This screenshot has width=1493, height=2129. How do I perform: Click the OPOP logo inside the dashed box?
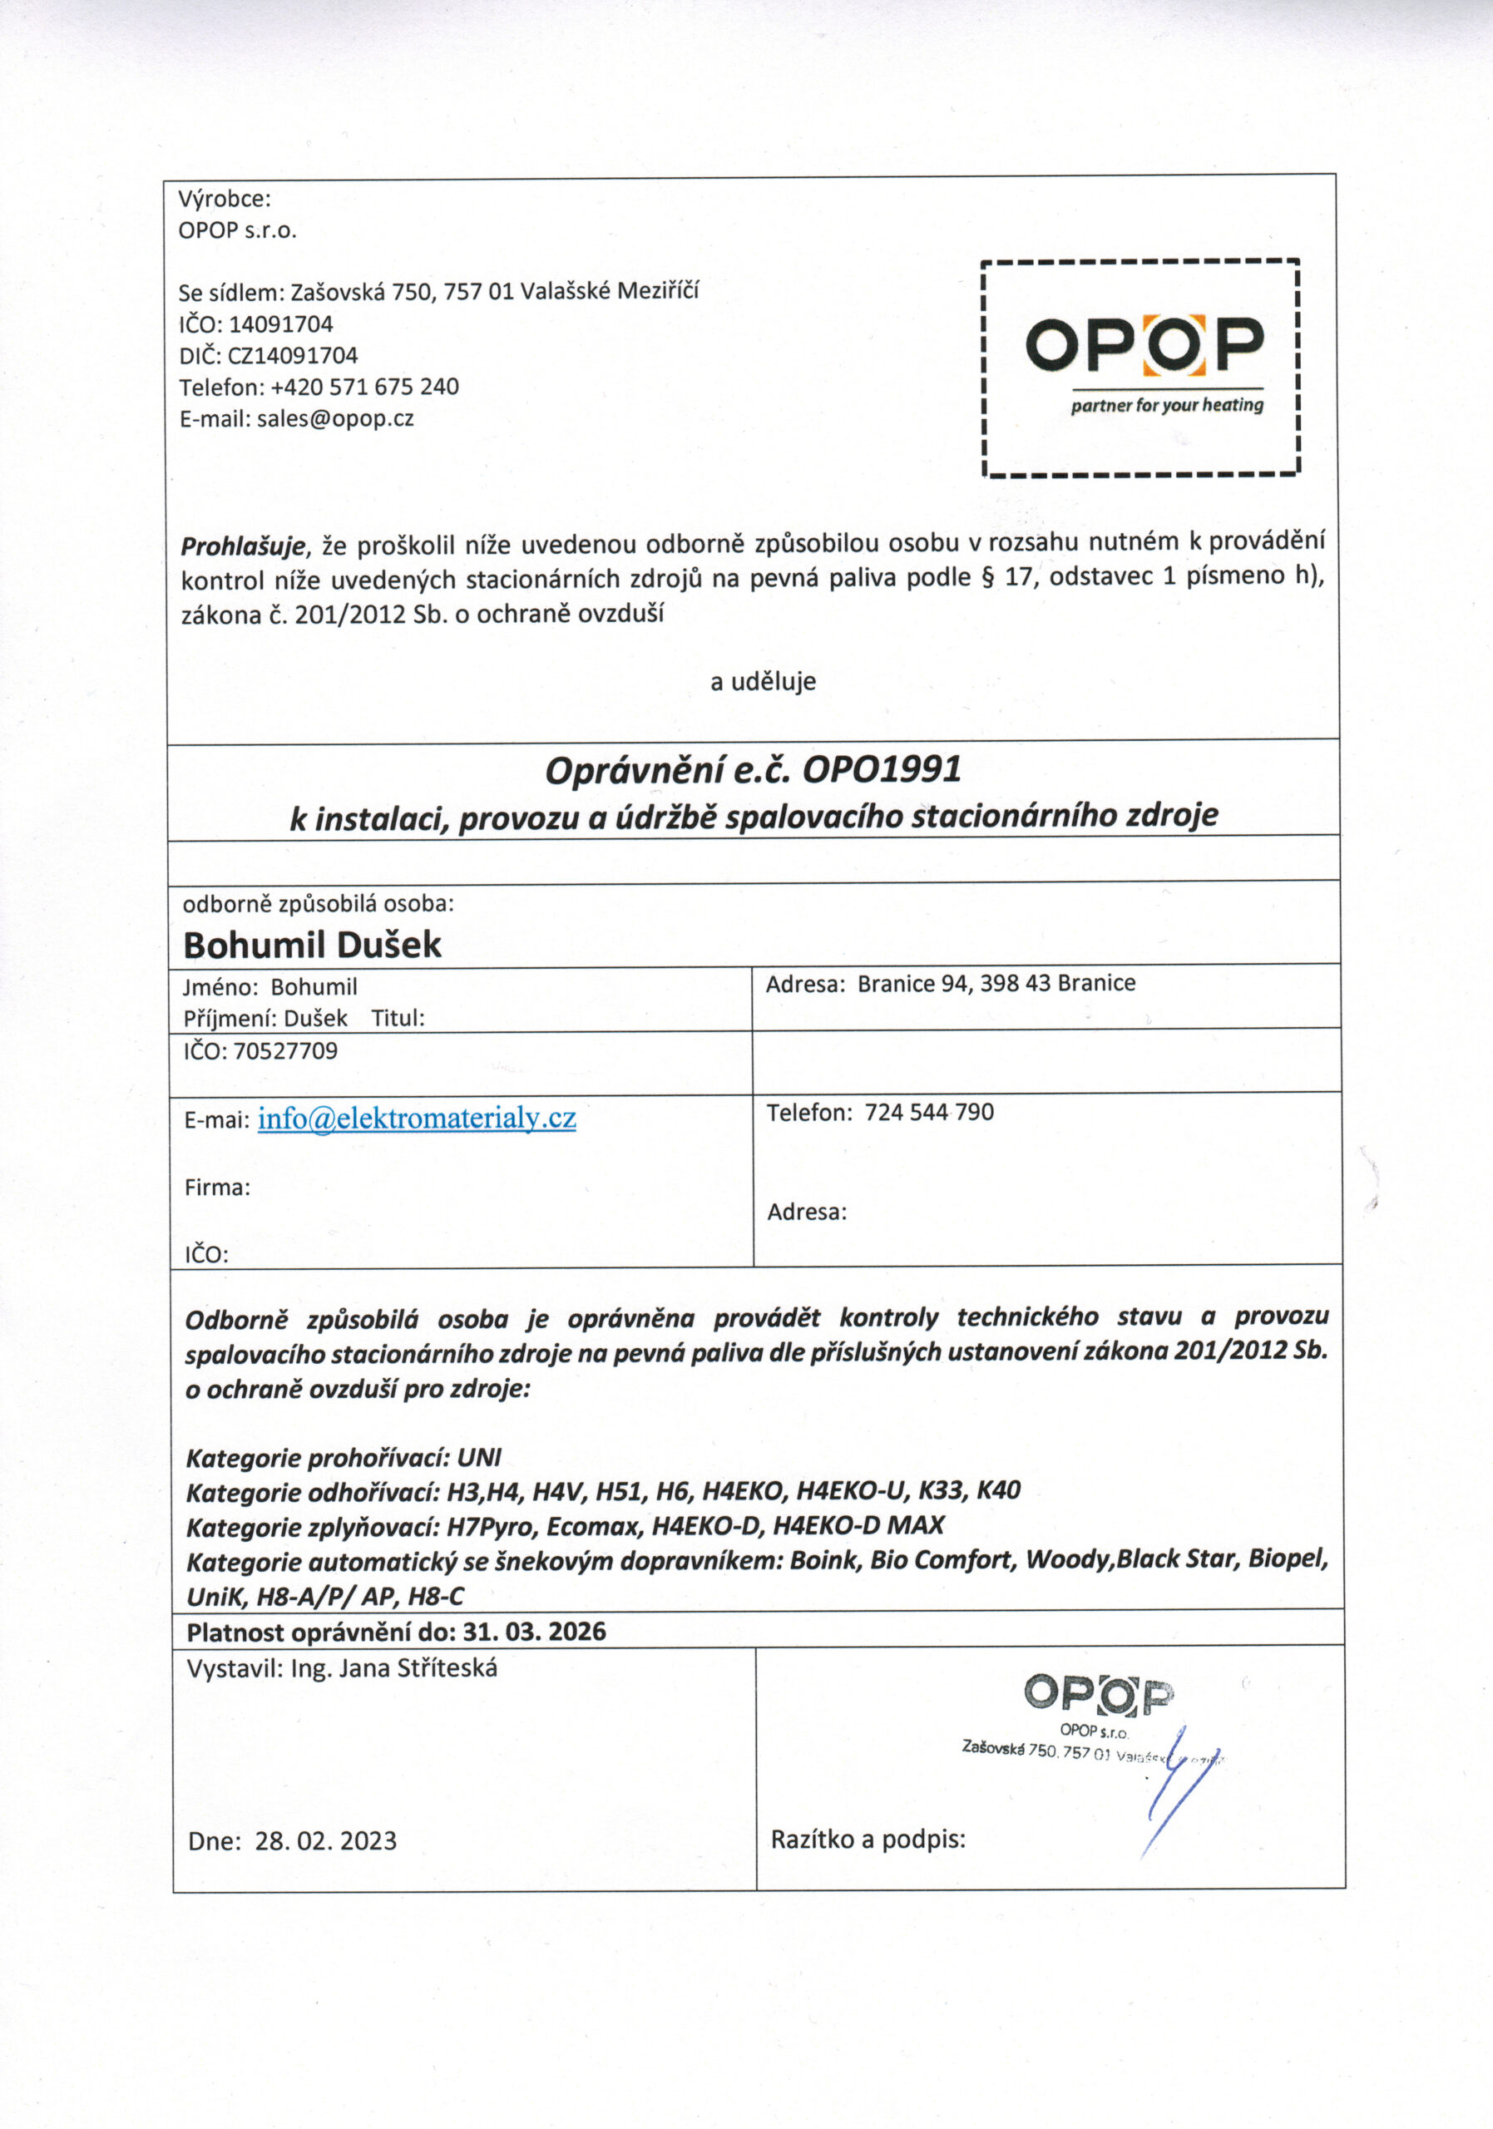(x=1144, y=344)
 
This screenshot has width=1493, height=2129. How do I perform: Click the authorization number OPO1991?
(x=881, y=769)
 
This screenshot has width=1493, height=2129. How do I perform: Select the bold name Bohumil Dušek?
(x=312, y=945)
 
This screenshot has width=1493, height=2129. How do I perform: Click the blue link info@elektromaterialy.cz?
(x=417, y=1119)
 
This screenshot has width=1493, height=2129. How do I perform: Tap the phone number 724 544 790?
(x=928, y=1112)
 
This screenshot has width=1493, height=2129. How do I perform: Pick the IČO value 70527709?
(x=285, y=1050)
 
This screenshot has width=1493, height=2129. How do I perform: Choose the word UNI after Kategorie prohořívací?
(x=478, y=1459)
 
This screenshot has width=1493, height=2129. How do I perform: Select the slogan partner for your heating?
(x=1167, y=405)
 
